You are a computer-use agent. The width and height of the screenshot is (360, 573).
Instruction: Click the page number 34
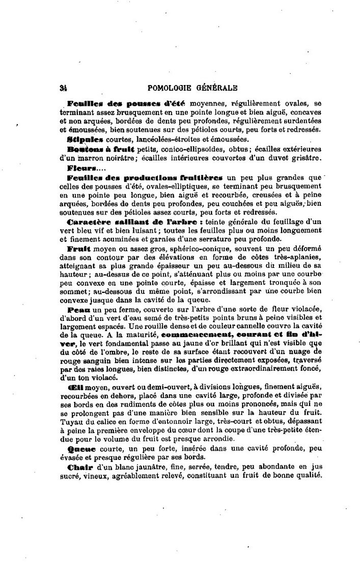coord(63,87)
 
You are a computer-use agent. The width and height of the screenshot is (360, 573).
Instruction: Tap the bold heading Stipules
coord(82,139)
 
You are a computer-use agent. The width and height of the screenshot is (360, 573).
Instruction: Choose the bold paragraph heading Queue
coord(80,450)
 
